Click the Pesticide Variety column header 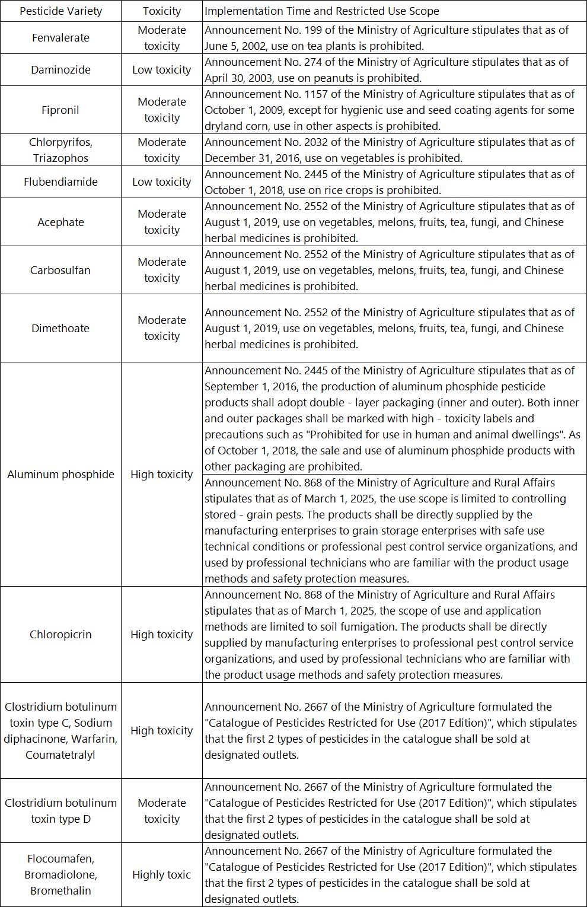click(x=60, y=11)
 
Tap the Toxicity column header click(x=162, y=11)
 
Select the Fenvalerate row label click(x=60, y=38)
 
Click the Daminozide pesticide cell click(x=60, y=70)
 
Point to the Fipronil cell click(x=60, y=110)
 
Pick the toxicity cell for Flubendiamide click(x=162, y=182)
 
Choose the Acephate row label click(x=60, y=222)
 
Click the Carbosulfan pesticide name click(x=60, y=270)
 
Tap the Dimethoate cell click(x=60, y=329)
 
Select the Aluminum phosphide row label click(x=60, y=475)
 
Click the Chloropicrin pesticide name click(x=60, y=635)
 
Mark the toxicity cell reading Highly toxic click(x=162, y=875)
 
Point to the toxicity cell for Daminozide click(x=162, y=70)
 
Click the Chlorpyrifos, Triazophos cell click(x=60, y=150)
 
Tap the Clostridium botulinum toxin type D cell click(x=60, y=811)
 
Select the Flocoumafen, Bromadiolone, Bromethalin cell click(x=60, y=875)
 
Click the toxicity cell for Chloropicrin click(x=162, y=635)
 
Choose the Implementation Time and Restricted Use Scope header click(x=322, y=11)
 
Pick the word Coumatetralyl click(x=60, y=755)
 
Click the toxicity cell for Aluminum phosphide click(x=162, y=475)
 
